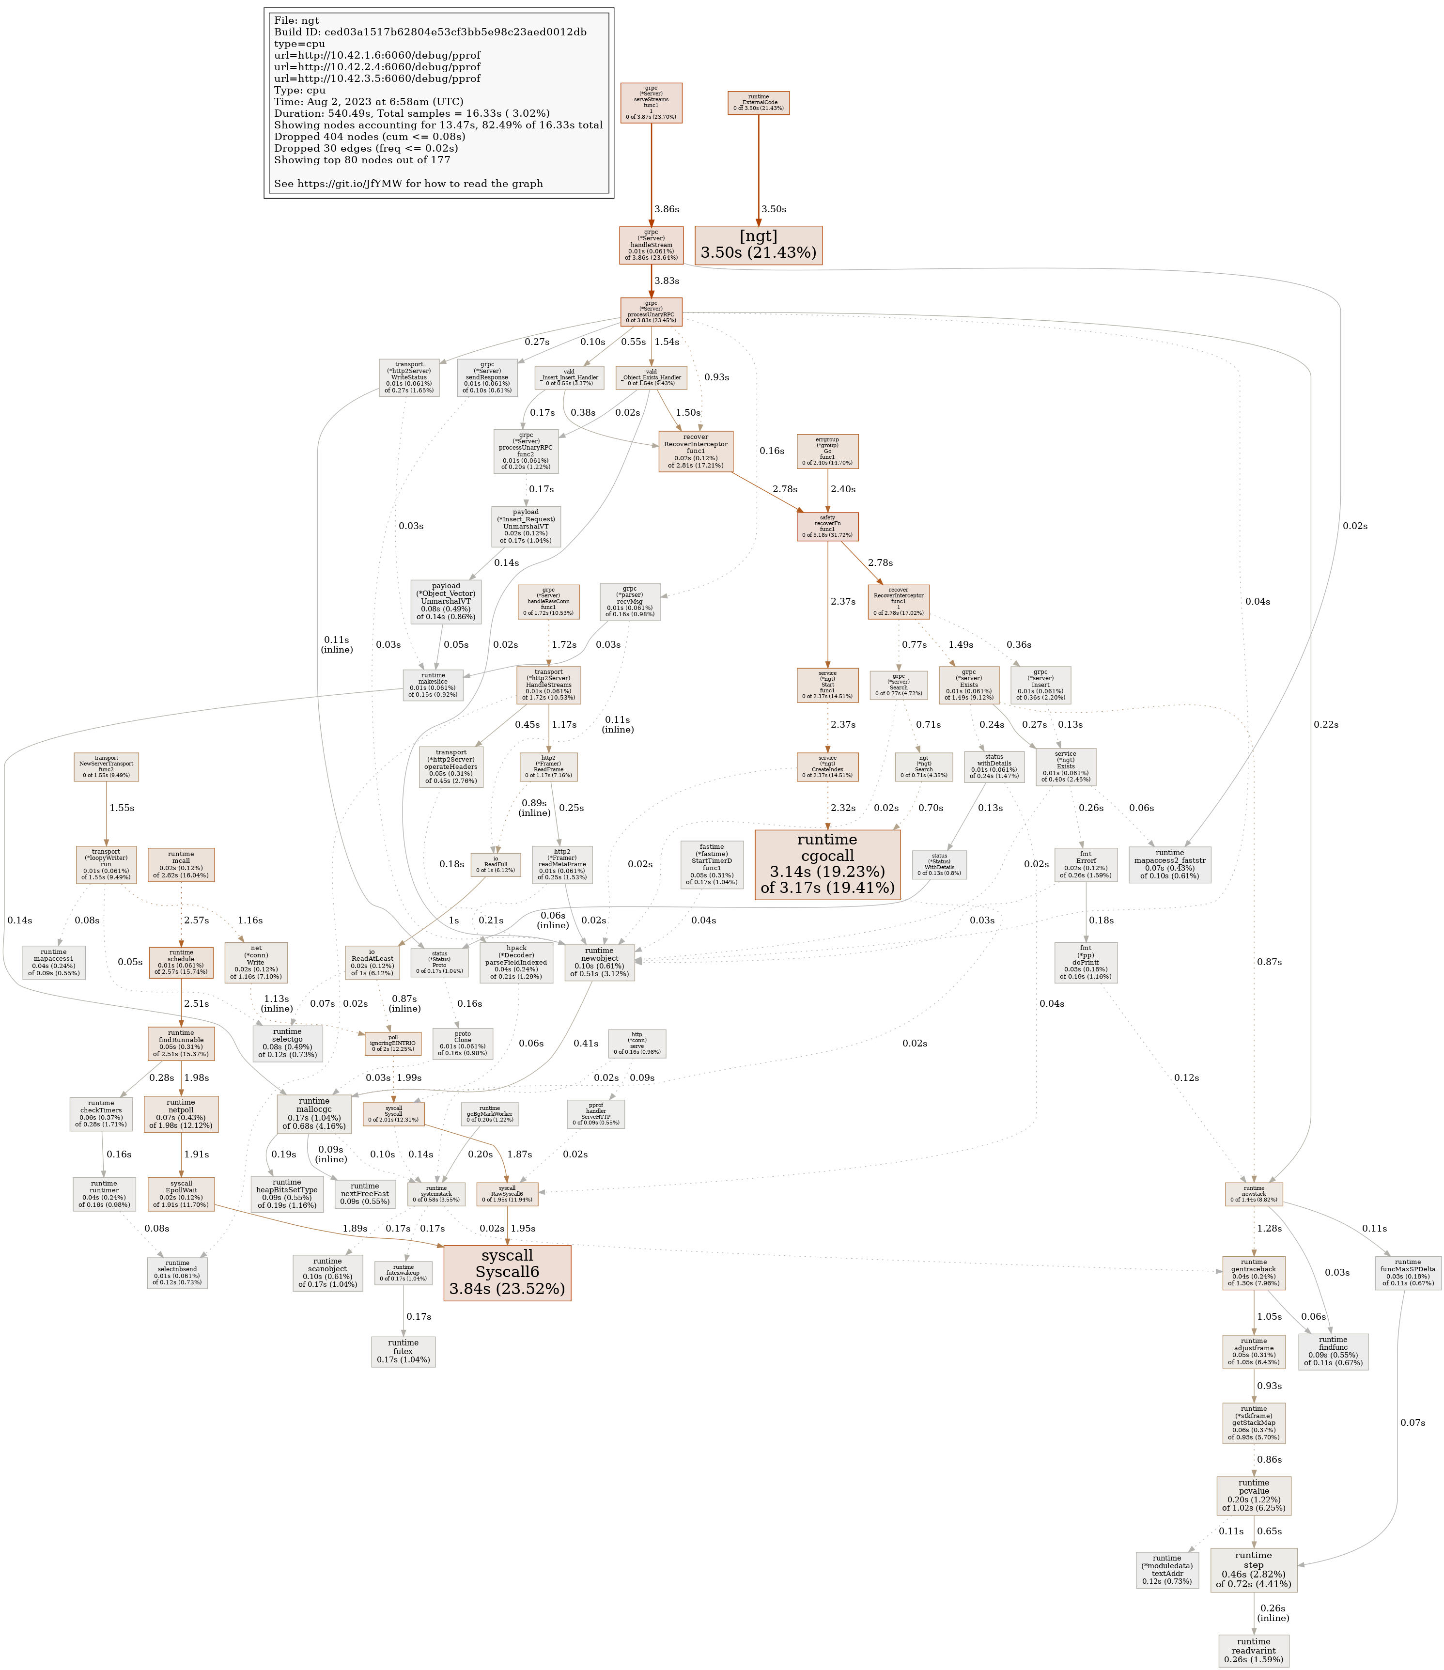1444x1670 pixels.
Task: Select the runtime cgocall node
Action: click(827, 864)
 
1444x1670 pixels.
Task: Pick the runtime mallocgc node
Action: click(313, 1113)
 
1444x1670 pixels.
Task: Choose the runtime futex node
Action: click(403, 1351)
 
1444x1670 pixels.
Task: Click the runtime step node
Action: click(1253, 1570)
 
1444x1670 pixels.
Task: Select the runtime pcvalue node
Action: click(1253, 1495)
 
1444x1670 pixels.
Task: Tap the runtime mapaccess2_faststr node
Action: click(1169, 864)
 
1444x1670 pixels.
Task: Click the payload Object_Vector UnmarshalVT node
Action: click(446, 601)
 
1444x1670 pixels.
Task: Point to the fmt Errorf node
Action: click(1086, 864)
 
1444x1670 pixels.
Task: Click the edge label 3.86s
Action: click(667, 209)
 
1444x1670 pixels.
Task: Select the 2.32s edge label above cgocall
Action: click(843, 808)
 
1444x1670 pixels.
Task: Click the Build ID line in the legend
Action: click(430, 32)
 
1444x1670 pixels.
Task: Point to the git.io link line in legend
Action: click(408, 184)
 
